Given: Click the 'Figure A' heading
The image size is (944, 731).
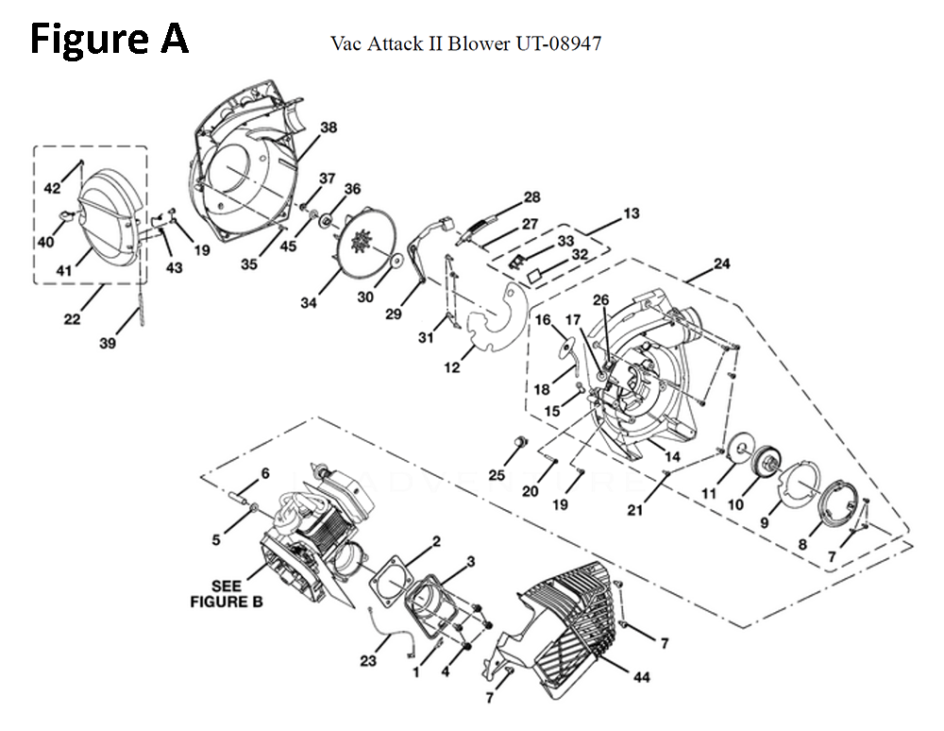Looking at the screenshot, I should point(110,41).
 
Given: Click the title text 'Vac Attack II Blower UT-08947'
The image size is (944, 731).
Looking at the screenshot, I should point(466,43).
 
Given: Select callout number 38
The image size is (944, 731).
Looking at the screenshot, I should point(328,128).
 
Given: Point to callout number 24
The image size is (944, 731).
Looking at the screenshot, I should point(721,263).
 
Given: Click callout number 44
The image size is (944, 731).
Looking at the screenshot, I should point(641,677).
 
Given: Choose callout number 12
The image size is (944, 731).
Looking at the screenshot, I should point(453,367).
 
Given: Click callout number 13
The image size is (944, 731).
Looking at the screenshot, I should point(631,214).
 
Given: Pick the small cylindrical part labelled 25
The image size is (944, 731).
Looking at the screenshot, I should point(519,443).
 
